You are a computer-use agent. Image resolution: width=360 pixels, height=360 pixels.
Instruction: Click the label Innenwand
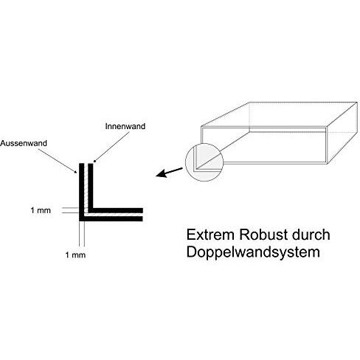pyautogui.click(x=125, y=126)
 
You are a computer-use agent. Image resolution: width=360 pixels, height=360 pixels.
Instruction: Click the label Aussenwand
pyautogui.click(x=24, y=143)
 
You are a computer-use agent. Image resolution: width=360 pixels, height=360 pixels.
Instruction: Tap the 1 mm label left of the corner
pyautogui.click(x=41, y=210)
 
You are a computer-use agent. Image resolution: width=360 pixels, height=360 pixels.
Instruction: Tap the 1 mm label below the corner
pyautogui.click(x=75, y=255)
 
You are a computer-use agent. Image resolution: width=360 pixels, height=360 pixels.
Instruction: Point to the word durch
pyautogui.click(x=311, y=235)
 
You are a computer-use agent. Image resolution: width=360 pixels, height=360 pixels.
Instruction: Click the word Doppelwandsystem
pyautogui.click(x=253, y=252)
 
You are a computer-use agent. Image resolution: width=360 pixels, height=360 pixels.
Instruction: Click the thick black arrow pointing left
pyautogui.click(x=169, y=172)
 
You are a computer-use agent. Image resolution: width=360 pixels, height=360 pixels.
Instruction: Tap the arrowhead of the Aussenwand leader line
pyautogui.click(x=76, y=172)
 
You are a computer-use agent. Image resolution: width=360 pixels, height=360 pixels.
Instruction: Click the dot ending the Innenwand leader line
pyautogui.click(x=94, y=162)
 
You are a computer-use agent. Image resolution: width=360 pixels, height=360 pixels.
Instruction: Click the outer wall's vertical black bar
pyautogui.click(x=82, y=192)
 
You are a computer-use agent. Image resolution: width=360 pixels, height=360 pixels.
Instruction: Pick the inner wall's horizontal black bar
pyautogui.click(x=116, y=210)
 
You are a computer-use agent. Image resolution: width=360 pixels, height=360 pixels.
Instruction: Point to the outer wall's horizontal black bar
pyautogui.click(x=111, y=218)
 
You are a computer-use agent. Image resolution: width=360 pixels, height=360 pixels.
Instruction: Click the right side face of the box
pyautogui.click(x=342, y=133)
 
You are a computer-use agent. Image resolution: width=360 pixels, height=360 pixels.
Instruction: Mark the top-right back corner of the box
pyautogui.click(x=357, y=103)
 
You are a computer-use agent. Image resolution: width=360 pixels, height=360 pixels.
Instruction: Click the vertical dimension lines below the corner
pyautogui.click(x=82, y=234)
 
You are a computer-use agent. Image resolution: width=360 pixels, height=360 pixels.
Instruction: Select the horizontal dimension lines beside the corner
pyautogui.click(x=70, y=210)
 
